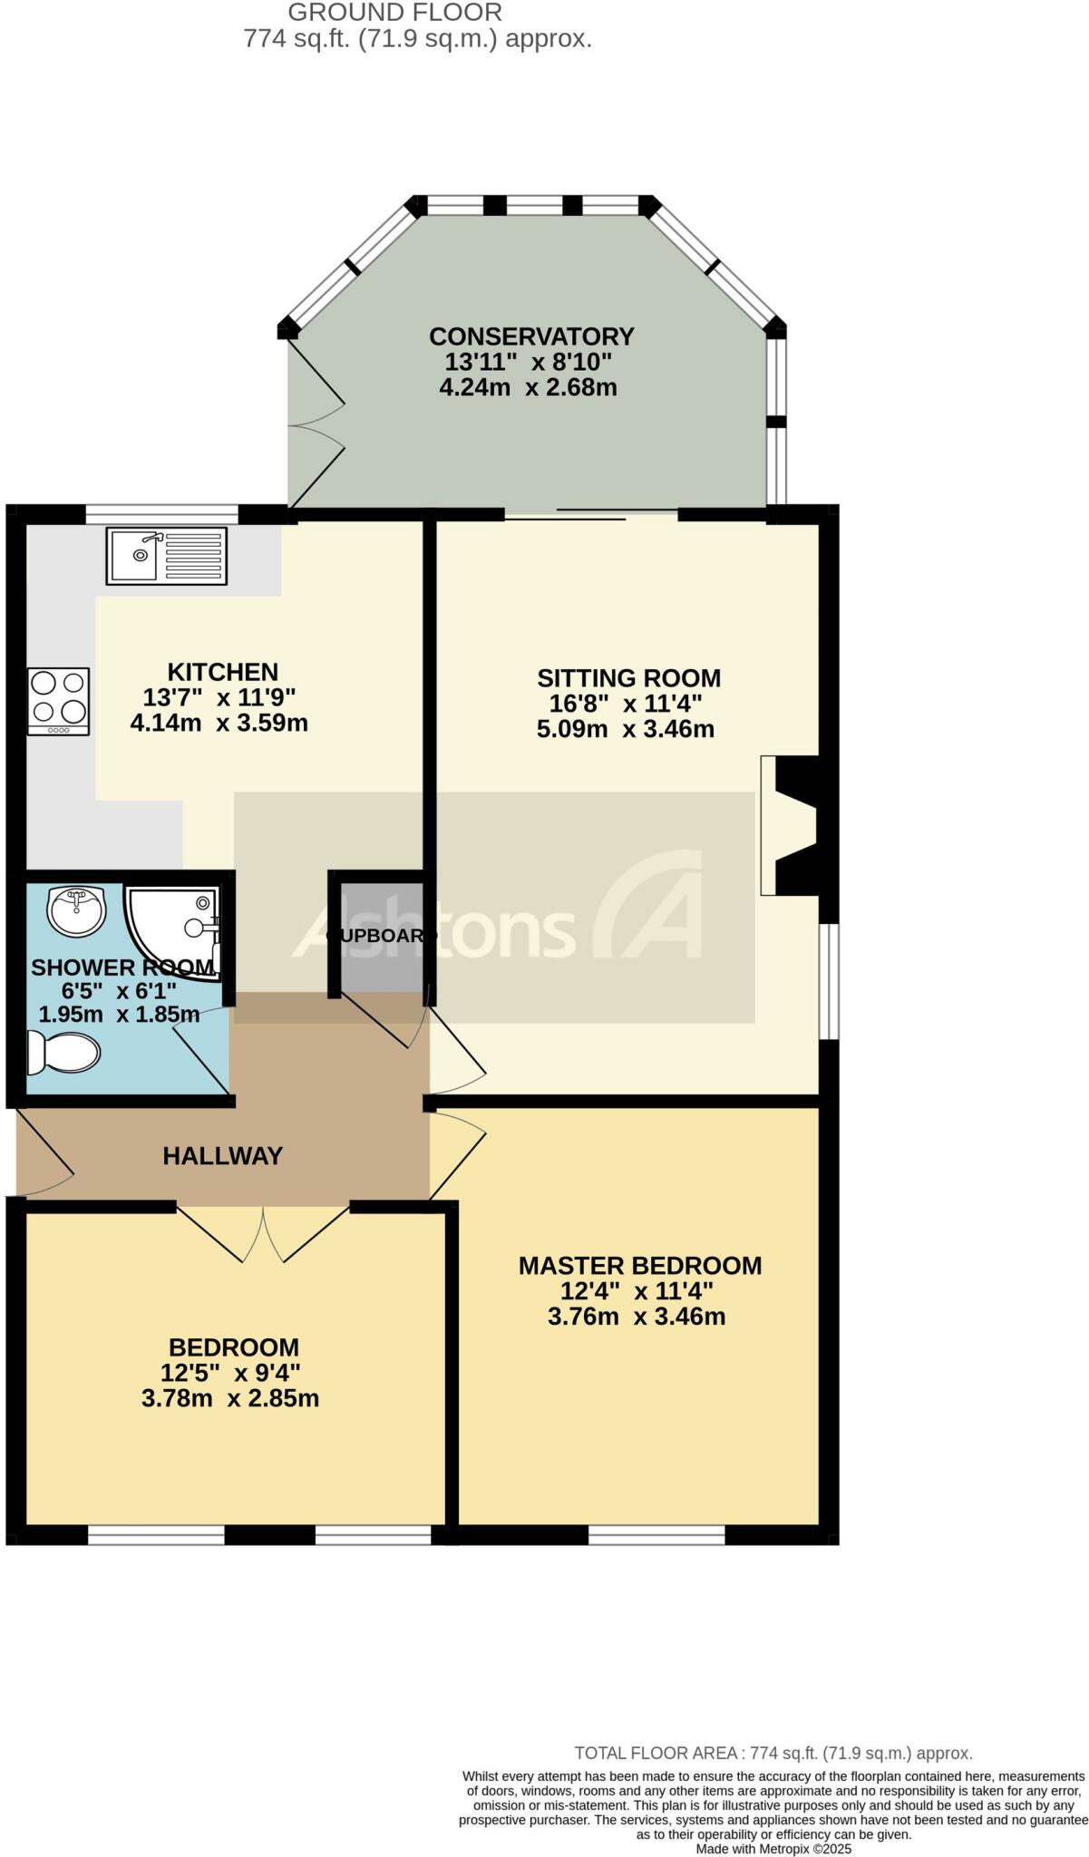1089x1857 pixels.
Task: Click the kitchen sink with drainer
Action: pos(167,555)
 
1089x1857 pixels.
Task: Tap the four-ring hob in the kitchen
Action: pos(59,701)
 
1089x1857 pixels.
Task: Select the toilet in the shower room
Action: pos(63,1053)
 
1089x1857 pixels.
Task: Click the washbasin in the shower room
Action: pos(76,910)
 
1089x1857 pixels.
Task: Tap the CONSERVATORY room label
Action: pos(530,336)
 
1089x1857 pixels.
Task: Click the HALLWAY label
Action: pos(223,1155)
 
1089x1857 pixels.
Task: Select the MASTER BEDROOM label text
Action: pos(639,1265)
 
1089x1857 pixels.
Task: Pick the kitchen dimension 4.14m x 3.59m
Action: pos(219,724)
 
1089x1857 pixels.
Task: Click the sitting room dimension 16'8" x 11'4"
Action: pos(626,704)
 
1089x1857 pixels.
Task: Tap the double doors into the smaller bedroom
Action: pos(263,1233)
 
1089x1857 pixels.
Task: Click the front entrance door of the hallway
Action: pos(44,1152)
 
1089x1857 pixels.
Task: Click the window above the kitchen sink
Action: pos(162,514)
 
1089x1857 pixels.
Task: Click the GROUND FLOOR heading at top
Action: pos(394,13)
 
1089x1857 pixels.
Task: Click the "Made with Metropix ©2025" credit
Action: pos(773,1848)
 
